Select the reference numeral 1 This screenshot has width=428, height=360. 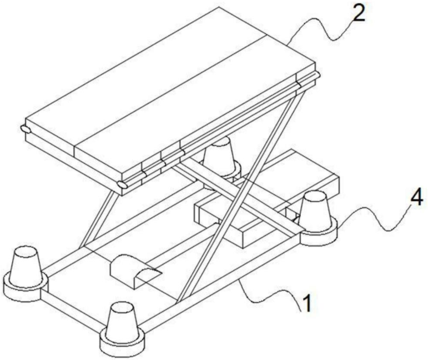[x=307, y=303]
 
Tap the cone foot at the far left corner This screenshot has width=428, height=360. [x=25, y=266]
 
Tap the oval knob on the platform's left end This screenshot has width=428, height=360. [x=26, y=129]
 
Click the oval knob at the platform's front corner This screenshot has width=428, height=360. [x=122, y=184]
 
